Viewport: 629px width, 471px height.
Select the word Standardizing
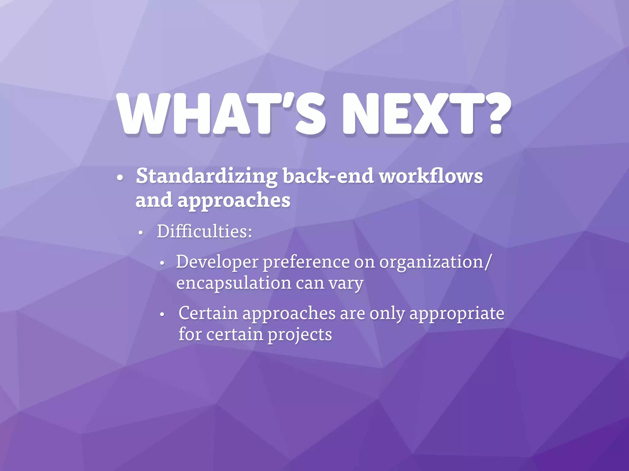[x=206, y=177]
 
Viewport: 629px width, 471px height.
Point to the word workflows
[x=431, y=177]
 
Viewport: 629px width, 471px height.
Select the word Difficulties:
[x=205, y=231]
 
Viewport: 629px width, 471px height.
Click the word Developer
[x=217, y=262]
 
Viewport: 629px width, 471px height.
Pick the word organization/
[x=435, y=262]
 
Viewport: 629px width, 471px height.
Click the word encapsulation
[x=233, y=283]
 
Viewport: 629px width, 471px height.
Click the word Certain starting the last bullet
[x=208, y=313]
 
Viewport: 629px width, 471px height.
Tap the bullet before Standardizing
[x=120, y=178]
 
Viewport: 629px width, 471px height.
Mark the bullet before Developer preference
[x=162, y=263]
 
